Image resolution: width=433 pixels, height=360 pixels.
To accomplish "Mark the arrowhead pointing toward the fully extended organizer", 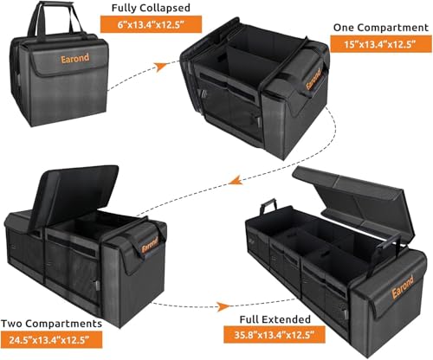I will [228, 307].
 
